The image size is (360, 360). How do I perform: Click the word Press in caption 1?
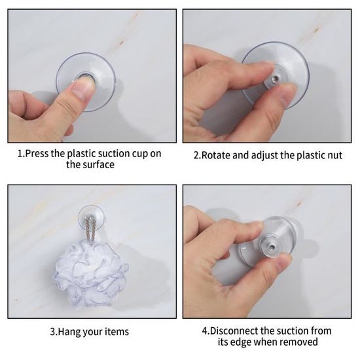(x=37, y=154)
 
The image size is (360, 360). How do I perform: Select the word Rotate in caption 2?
(x=215, y=155)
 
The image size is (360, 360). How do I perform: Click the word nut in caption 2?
(x=334, y=155)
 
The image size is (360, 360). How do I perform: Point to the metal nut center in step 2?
(x=275, y=79)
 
